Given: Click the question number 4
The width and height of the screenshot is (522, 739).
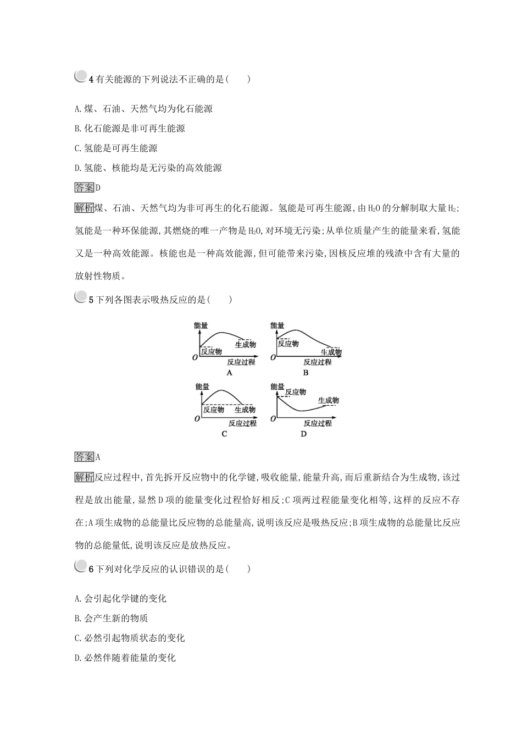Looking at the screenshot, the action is tap(92, 80).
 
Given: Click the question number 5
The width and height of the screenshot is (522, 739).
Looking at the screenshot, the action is tap(92, 300).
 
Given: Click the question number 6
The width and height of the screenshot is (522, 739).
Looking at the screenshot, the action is tap(92, 569).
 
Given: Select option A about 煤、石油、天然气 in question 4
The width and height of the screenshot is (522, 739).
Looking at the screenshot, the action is tap(143, 109).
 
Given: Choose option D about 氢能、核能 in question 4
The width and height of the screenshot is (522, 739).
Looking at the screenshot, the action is tap(148, 168).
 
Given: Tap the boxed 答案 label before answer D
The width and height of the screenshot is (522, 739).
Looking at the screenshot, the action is tap(84, 188).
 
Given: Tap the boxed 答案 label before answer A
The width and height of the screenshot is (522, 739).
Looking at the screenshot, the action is tap(84, 457).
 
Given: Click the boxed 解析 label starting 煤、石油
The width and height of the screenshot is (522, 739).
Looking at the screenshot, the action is tap(84, 208).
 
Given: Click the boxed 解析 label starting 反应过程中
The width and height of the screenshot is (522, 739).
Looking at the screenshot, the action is tap(84, 477).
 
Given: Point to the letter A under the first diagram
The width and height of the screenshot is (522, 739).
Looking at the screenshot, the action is tap(230, 373).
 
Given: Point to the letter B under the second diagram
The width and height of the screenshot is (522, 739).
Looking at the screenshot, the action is tap(306, 373).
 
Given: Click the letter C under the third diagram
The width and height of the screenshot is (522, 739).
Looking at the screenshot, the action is tap(224, 434).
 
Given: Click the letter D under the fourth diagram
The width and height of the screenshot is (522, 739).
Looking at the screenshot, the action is tap(303, 434).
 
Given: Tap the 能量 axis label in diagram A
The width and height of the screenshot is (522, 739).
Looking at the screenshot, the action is tap(201, 326).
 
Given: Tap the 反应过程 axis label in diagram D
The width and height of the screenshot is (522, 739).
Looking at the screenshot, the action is tap(318, 423).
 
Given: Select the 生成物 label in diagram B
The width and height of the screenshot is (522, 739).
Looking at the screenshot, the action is tap(331, 352).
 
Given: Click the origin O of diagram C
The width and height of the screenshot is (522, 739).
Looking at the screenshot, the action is tap(196, 419).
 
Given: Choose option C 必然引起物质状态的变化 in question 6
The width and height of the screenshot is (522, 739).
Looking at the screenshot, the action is tap(130, 638).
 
